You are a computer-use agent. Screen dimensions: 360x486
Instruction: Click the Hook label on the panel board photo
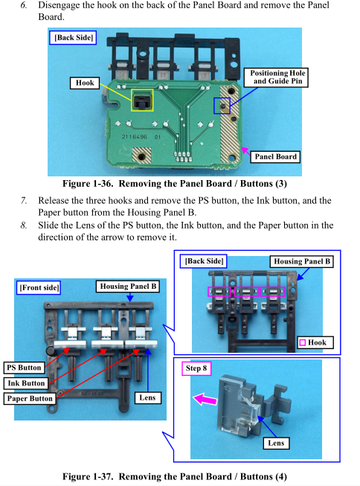click(85, 83)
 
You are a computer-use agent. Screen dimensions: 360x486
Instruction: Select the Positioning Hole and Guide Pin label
click(276, 77)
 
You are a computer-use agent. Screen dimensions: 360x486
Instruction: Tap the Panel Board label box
click(275, 156)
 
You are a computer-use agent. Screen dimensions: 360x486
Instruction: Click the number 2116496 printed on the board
click(134, 137)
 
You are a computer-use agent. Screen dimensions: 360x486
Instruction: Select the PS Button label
click(24, 368)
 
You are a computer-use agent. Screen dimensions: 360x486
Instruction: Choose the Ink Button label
click(26, 383)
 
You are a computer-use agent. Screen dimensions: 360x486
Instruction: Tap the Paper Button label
click(30, 398)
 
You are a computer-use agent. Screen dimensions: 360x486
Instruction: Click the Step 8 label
click(196, 368)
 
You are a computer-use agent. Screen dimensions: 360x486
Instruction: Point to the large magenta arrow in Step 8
click(205, 399)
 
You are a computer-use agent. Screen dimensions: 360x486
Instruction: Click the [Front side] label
click(38, 287)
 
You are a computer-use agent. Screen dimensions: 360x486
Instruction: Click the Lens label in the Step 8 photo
click(276, 443)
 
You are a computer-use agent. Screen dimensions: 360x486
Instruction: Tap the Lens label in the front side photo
click(148, 397)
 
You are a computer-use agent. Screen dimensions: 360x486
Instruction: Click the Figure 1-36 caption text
click(175, 184)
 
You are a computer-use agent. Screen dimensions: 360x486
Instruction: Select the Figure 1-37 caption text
click(175, 476)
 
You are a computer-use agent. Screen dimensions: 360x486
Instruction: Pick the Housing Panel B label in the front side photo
click(128, 286)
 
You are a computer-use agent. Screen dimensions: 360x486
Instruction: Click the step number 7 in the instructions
click(24, 200)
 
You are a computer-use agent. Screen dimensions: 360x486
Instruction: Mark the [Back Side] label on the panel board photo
click(73, 37)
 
